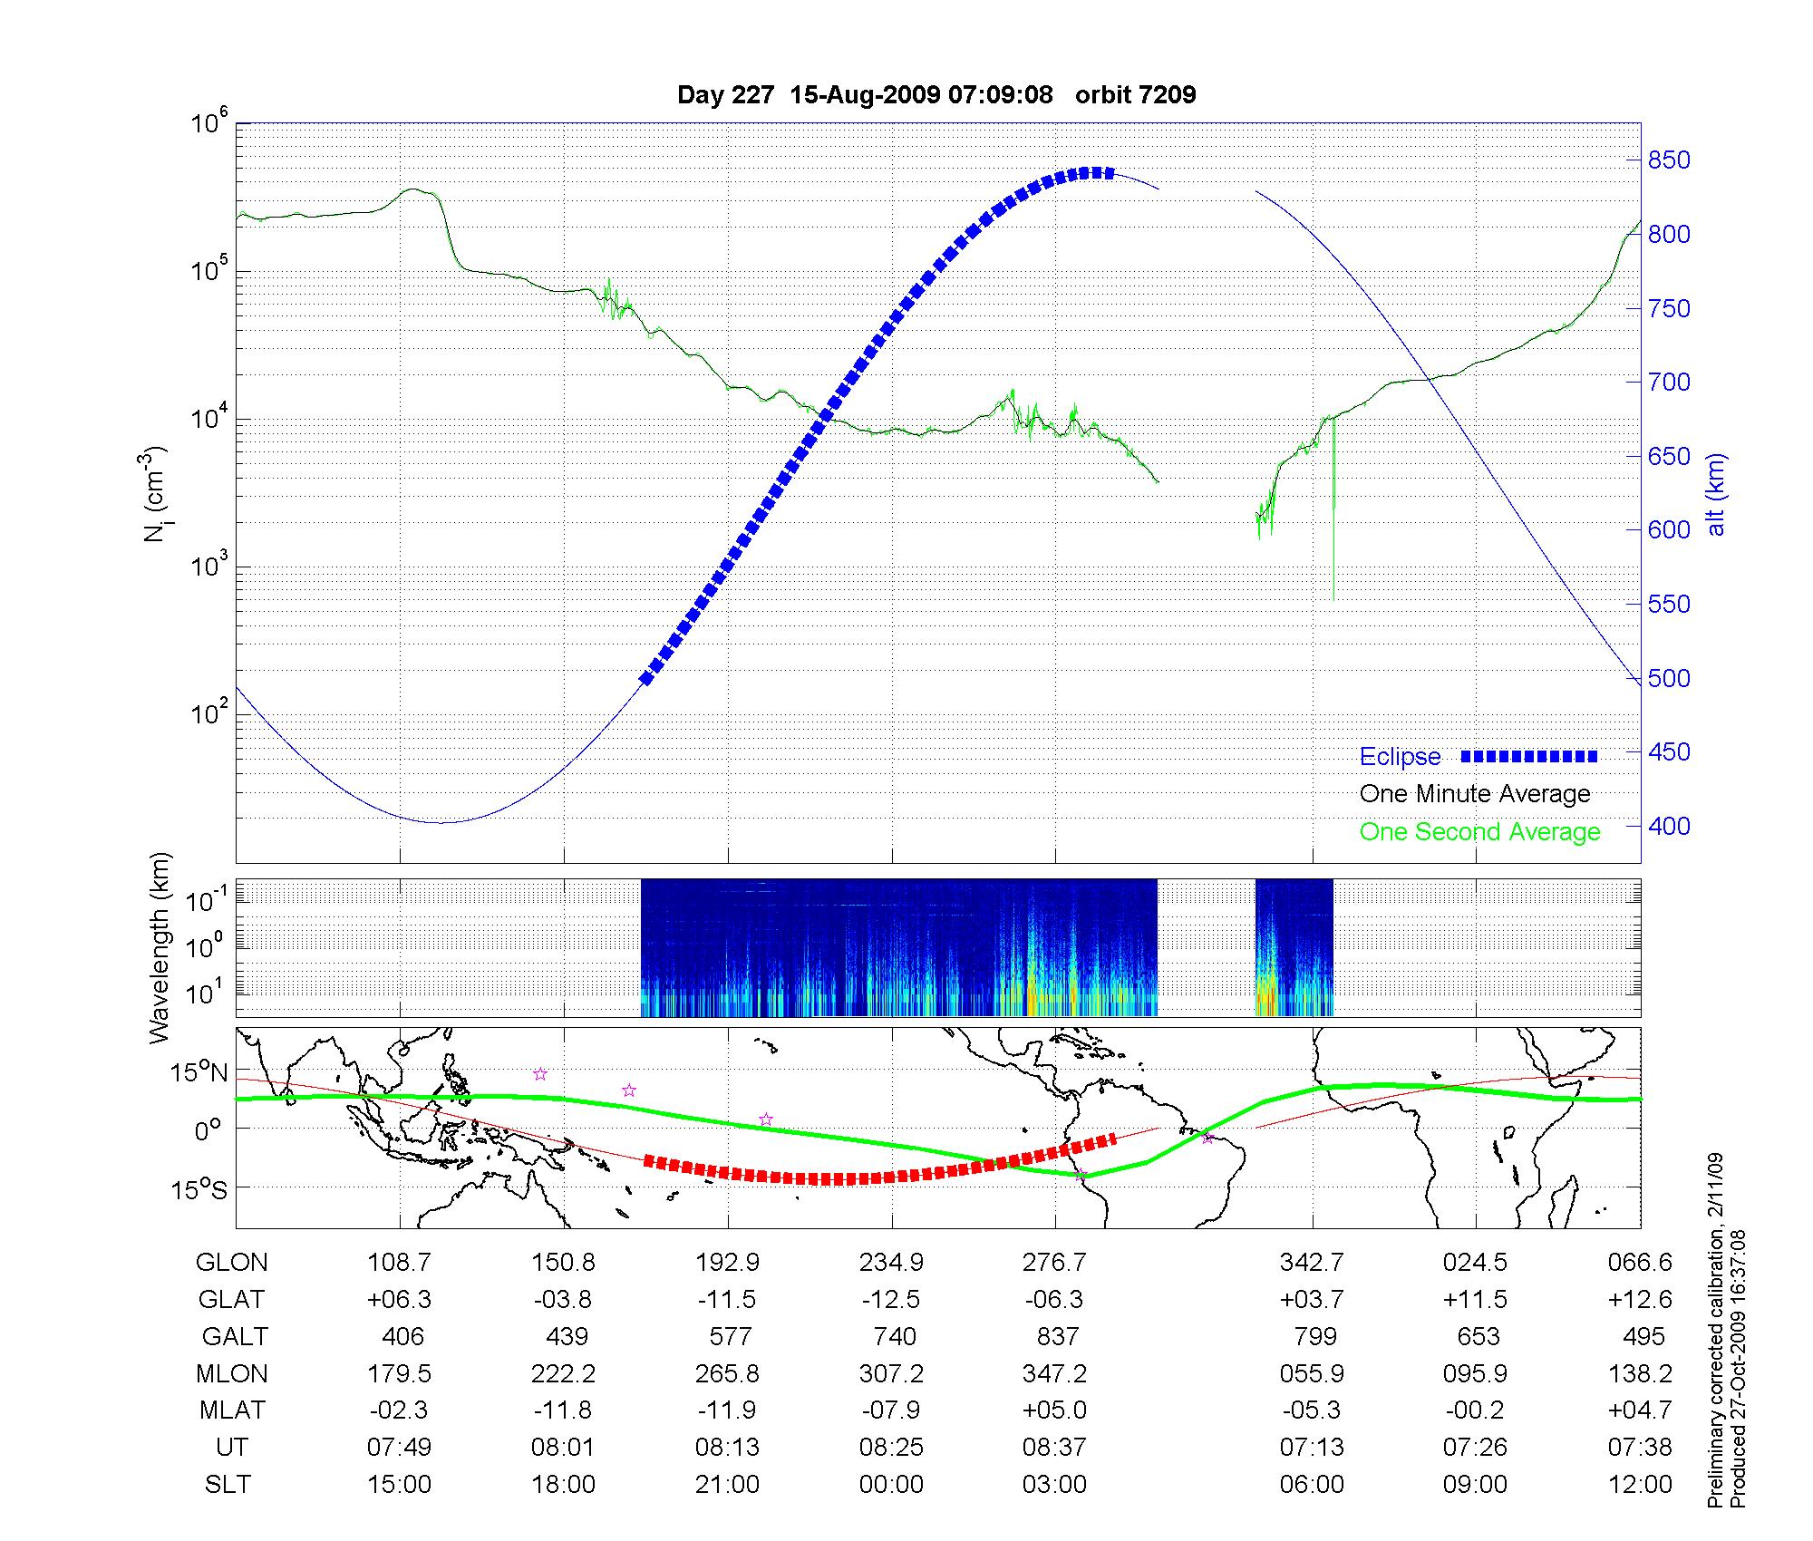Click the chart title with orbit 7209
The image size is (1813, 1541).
pos(936,94)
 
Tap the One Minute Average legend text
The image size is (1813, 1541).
pos(1475,794)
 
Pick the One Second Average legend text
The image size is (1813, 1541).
pos(1479,832)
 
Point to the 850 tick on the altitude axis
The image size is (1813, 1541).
pos(1669,160)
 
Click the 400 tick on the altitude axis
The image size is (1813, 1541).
pos(1669,826)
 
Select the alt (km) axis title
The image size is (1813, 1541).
pos(1716,494)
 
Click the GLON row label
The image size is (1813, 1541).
pos(232,1263)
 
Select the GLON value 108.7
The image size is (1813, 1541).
pos(399,1263)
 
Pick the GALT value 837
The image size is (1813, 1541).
pos(1057,1337)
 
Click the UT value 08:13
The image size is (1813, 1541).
pos(727,1448)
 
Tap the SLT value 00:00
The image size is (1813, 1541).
pos(892,1485)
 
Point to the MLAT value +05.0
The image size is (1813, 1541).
pos(1055,1410)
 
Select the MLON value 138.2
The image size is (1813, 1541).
pos(1640,1374)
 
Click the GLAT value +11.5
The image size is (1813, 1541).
pos(1475,1300)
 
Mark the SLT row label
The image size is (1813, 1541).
pos(228,1485)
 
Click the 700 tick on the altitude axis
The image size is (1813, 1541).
pos(1669,383)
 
